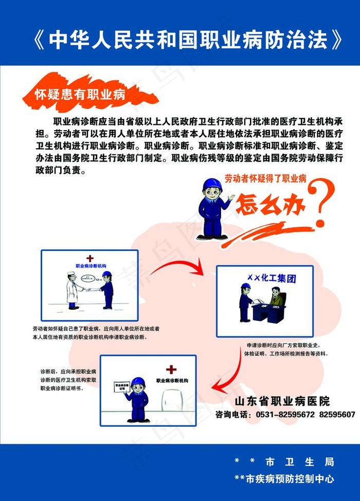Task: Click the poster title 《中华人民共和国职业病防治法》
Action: tap(188, 40)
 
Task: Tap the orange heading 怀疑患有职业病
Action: tap(80, 95)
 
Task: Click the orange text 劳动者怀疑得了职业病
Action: tap(265, 179)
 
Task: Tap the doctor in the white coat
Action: tap(73, 290)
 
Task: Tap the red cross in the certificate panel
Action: tap(171, 369)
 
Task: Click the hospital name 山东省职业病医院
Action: tap(282, 401)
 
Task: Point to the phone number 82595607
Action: tap(337, 414)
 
